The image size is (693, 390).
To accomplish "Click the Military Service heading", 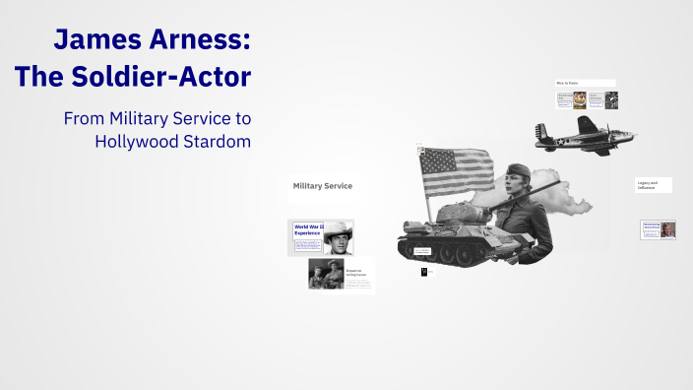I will pos(322,185).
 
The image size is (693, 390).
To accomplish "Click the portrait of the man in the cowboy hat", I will pos(338,237).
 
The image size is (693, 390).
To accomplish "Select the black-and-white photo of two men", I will pos(325,274).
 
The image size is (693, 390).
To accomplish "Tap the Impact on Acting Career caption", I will pos(353,272).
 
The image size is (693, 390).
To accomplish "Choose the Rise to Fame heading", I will pos(568,84).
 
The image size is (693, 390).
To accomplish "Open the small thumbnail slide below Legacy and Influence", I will pos(658,229).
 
